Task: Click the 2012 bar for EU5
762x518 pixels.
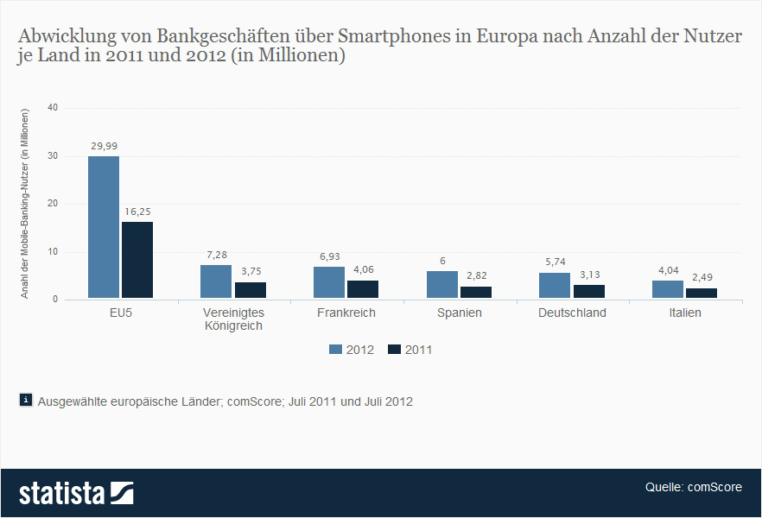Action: pos(104,228)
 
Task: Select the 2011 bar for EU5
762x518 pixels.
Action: pos(137,261)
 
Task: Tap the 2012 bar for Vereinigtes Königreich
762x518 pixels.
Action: pos(216,282)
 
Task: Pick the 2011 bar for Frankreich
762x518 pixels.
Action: pos(363,290)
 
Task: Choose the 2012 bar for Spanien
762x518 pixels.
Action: pos(442,286)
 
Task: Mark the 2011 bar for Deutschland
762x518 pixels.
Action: pos(589,292)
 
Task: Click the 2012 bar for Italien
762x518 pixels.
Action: pos(668,290)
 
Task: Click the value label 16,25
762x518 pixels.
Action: pos(138,212)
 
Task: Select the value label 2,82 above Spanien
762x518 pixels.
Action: pos(476,276)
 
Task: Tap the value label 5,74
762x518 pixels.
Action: pos(555,262)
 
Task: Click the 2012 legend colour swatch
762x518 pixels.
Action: pos(336,350)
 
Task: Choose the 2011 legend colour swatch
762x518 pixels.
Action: pos(395,350)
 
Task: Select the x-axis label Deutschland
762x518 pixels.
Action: pos(572,313)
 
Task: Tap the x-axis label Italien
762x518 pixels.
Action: pos(684,313)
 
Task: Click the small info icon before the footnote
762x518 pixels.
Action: pos(26,400)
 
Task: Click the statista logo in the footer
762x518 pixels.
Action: pos(76,493)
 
